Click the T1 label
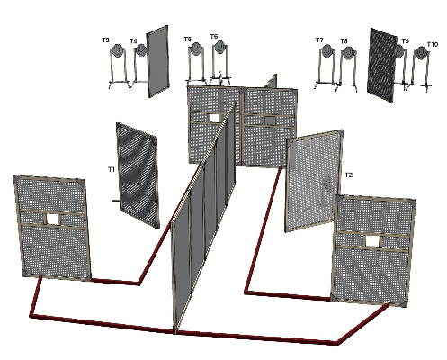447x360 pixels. [112, 170]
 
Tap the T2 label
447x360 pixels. [349, 175]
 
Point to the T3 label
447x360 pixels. [105, 40]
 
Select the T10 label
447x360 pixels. [433, 44]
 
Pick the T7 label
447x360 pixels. [319, 40]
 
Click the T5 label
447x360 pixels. [188, 39]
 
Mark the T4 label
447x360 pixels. [133, 41]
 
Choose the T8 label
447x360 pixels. [344, 41]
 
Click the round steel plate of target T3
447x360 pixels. [117, 50]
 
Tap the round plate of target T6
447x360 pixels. [220, 47]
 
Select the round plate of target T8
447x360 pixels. [348, 52]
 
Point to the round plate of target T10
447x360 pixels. [421, 53]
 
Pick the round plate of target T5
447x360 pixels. [196, 49]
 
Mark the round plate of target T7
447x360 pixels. [326, 50]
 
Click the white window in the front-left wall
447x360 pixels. [53, 219]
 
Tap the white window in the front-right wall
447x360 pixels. [372, 241]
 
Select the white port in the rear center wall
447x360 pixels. [215, 118]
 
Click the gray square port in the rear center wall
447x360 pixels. [270, 121]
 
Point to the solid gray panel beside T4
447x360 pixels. [157, 61]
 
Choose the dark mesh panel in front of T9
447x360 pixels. [381, 65]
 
